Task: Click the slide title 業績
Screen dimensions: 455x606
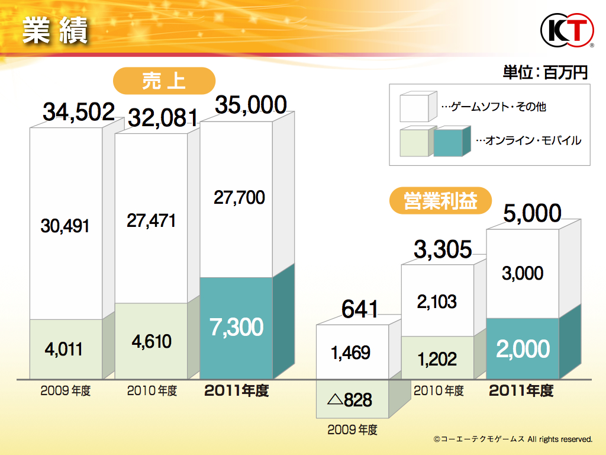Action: point(55,30)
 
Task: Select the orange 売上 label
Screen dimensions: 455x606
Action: point(164,81)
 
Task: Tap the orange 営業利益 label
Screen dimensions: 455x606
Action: point(440,201)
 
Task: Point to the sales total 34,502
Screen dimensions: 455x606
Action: point(79,112)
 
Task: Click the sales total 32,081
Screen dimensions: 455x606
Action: point(162,118)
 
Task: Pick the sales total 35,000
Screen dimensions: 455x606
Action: point(250,105)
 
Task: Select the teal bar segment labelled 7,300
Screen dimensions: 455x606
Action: point(237,328)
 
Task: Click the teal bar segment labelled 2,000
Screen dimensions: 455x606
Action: point(522,349)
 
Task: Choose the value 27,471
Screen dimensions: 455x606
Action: point(151,221)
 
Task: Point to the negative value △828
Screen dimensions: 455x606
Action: point(350,399)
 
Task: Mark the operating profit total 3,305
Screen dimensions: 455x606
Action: point(443,249)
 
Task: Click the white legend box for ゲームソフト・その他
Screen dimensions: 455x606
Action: point(417,108)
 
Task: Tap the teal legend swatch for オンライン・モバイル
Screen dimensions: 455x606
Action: point(451,142)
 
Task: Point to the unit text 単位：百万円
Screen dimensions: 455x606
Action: point(545,73)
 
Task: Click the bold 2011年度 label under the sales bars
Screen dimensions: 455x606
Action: point(236,392)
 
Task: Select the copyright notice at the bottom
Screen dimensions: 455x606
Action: point(512,440)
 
